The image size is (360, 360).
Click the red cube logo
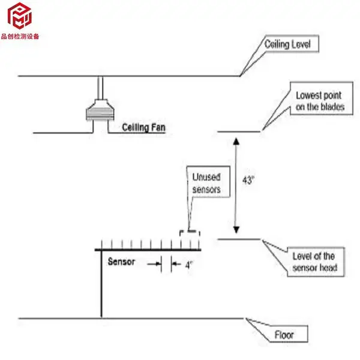[19, 16]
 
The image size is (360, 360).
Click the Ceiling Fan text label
[144, 127]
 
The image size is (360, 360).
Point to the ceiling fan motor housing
[100, 110]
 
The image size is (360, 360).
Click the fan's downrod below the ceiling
[100, 88]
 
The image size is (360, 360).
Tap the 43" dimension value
[248, 180]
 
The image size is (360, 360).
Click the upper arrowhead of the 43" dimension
[236, 141]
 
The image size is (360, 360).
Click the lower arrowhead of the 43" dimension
[236, 230]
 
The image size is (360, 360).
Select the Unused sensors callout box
[208, 182]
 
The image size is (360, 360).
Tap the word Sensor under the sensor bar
[121, 262]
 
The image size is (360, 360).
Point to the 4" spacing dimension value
[189, 265]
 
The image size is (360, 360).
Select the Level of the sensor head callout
[316, 262]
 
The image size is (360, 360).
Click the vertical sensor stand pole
[101, 284]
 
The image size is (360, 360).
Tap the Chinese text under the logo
[20, 37]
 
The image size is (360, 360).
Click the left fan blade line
[63, 133]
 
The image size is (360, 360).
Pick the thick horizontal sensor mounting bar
[148, 250]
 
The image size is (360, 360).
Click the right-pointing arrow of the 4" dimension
[154, 264]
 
